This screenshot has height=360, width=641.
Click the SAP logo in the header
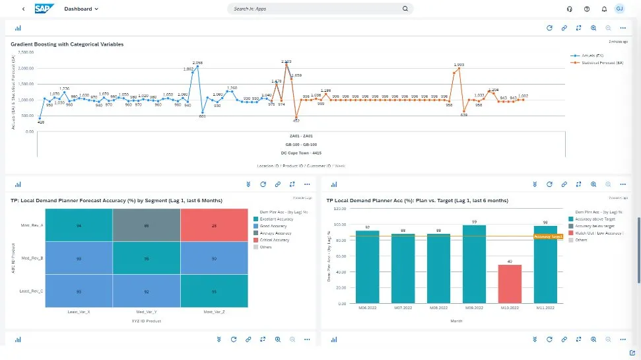(45, 9)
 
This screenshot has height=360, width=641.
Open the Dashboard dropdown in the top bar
(81, 9)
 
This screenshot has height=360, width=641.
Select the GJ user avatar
(619, 9)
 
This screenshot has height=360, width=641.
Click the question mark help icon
(587, 9)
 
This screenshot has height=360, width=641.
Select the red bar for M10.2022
(510, 284)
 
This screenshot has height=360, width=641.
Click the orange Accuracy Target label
(547, 236)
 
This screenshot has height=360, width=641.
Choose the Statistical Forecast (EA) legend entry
(599, 63)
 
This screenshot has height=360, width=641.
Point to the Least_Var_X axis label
(79, 310)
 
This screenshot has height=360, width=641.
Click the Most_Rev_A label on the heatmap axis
(32, 225)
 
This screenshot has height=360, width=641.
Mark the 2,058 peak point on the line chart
(197, 66)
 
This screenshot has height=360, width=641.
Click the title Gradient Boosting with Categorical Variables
(67, 44)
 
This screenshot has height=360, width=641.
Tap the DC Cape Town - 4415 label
(301, 153)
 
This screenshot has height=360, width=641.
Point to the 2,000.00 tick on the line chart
(24, 68)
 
